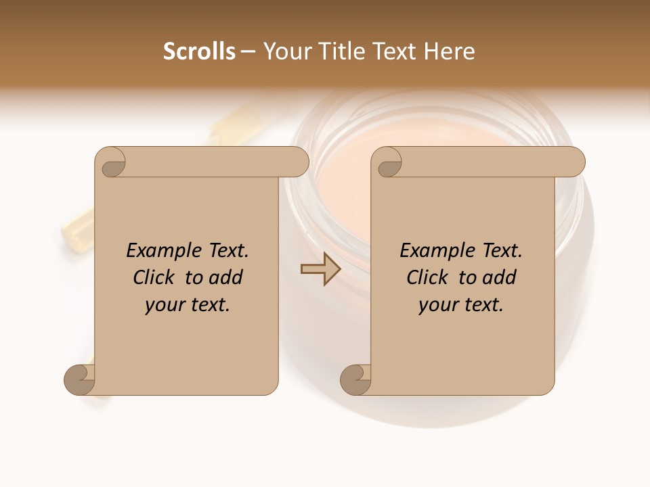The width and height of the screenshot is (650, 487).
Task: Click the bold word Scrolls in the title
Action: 200,51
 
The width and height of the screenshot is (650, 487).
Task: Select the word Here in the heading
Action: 450,51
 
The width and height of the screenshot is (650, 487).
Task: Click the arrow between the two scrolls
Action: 320,269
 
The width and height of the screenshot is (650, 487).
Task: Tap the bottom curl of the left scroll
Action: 79,379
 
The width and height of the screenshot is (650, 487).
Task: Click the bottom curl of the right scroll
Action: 355,379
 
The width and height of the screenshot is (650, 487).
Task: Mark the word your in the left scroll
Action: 163,306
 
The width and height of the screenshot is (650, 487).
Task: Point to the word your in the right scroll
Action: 437,306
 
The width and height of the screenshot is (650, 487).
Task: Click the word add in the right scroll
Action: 500,278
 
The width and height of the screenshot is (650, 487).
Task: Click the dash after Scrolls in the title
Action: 248,52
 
